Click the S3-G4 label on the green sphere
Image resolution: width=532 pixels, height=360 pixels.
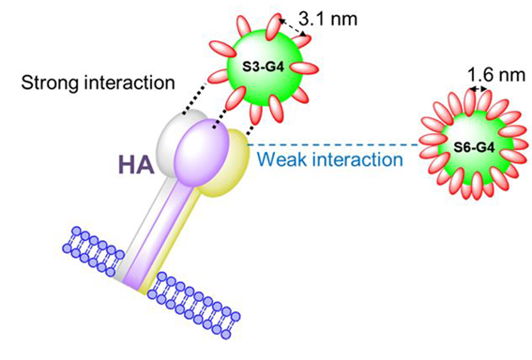tap(263, 67)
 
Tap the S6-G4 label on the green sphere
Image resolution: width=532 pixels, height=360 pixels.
tap(474, 147)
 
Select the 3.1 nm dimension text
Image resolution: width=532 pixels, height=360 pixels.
tap(328, 19)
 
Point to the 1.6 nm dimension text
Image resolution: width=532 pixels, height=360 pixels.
tap(496, 75)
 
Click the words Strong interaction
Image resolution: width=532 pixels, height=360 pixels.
tap(99, 82)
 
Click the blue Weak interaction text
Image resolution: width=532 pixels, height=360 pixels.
tap(330, 159)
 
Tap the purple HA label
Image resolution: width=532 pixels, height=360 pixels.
tap(136, 165)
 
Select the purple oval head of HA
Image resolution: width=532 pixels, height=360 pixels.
tap(201, 153)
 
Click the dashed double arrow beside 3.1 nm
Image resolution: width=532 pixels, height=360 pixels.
tap(293, 27)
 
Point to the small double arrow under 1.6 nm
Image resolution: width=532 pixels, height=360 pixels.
tap(479, 89)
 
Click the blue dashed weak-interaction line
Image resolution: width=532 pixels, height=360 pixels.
tap(333, 145)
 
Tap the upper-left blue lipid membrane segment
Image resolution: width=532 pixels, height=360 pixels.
tap(93, 251)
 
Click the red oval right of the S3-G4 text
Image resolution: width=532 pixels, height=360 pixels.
tap(304, 67)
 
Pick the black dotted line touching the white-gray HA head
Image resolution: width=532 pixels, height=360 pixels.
tap(195, 97)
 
